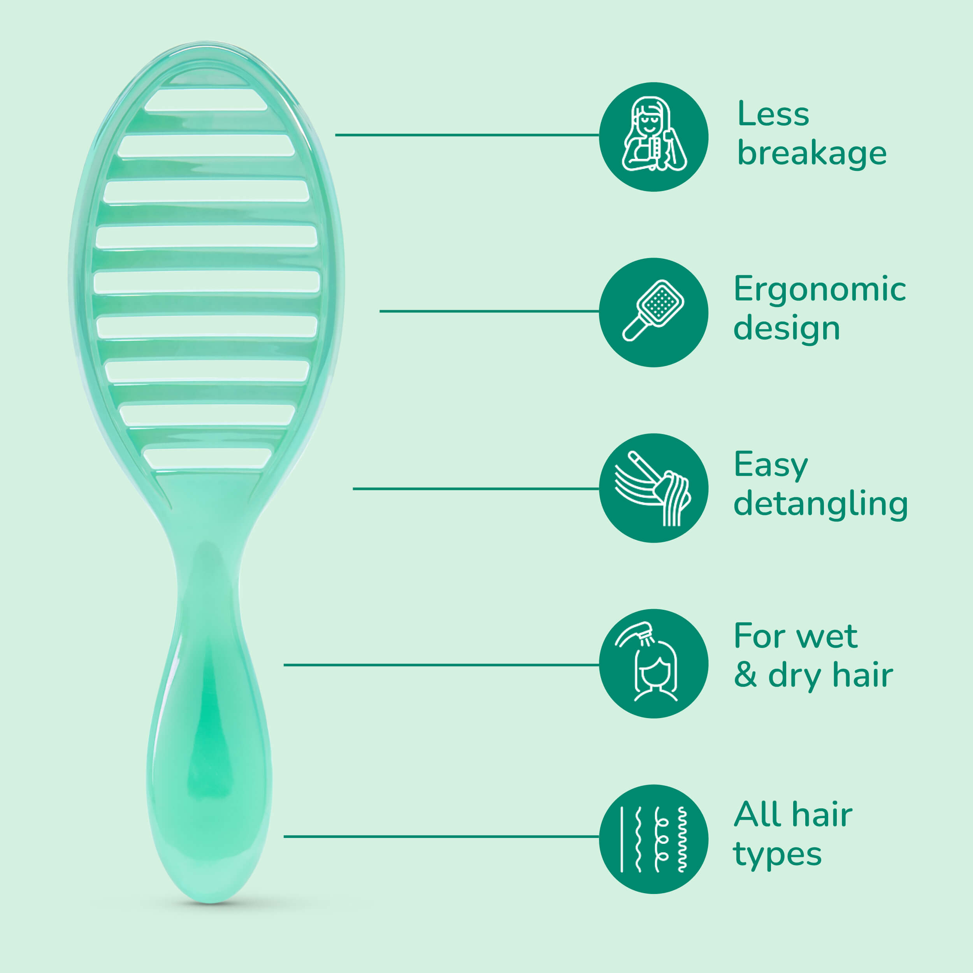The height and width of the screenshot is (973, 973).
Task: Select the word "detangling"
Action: [820, 504]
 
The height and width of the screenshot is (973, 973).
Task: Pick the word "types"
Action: [778, 855]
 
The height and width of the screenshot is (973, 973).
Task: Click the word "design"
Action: [787, 328]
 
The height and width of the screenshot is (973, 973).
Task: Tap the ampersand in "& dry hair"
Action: [745, 675]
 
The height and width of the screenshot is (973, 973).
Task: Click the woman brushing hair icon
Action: [654, 137]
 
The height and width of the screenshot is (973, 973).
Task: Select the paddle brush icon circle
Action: [654, 312]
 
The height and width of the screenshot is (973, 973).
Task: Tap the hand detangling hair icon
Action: [654, 488]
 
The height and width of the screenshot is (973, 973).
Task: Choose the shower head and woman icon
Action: [654, 664]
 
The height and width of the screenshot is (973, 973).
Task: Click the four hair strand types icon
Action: [654, 840]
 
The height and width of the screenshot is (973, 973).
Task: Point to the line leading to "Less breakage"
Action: [467, 135]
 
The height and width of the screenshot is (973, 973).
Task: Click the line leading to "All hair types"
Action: [441, 836]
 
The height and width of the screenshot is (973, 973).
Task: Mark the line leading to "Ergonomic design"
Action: [489, 311]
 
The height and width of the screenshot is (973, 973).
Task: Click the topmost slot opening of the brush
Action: [206, 99]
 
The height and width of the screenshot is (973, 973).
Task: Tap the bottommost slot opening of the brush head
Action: [207, 458]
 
